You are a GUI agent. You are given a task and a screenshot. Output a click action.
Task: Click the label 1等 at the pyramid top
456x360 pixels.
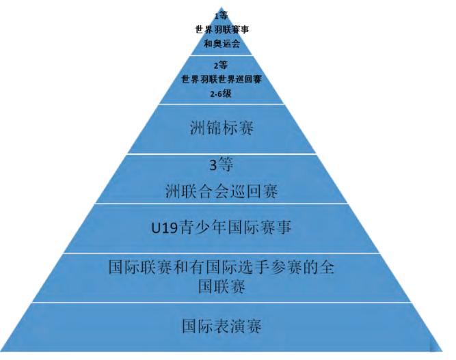pyautogui.click(x=221, y=14)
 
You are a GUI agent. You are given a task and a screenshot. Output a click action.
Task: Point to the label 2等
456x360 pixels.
pyautogui.click(x=221, y=66)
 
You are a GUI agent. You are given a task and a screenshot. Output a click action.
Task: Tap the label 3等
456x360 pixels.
pyautogui.click(x=222, y=165)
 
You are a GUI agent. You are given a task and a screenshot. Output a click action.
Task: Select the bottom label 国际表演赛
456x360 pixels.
pyautogui.click(x=222, y=327)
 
